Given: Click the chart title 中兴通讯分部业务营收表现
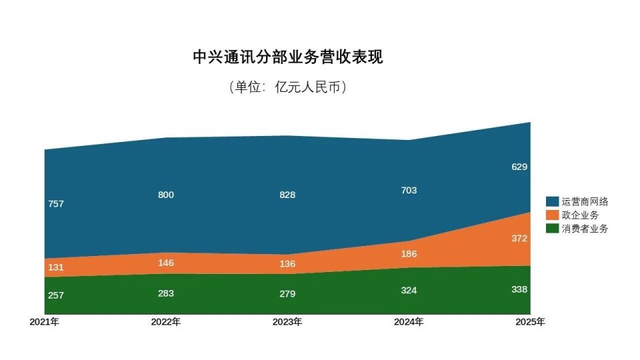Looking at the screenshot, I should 287,57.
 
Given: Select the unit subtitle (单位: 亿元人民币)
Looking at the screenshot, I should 287,87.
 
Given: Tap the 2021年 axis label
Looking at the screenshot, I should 45,322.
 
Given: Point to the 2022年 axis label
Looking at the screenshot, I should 166,322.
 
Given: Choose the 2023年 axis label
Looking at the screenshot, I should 287,322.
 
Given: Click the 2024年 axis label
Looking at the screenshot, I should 409,322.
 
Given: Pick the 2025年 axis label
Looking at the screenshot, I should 530,322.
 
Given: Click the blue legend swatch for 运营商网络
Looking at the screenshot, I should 552,201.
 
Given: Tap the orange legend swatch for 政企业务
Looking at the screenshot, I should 552,215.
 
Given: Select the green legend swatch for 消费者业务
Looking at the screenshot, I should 552,228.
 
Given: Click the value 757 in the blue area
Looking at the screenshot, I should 56,204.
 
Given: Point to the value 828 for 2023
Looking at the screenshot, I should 287,195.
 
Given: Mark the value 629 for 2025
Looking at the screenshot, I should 519,167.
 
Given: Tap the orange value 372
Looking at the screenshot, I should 519,239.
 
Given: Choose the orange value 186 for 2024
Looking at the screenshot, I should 409,253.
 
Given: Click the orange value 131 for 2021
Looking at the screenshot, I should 56,267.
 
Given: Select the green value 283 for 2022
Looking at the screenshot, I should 166,293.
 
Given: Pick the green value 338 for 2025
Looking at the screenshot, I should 519,289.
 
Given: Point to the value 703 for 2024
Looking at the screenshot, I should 409,191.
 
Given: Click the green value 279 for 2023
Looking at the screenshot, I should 287,294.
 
